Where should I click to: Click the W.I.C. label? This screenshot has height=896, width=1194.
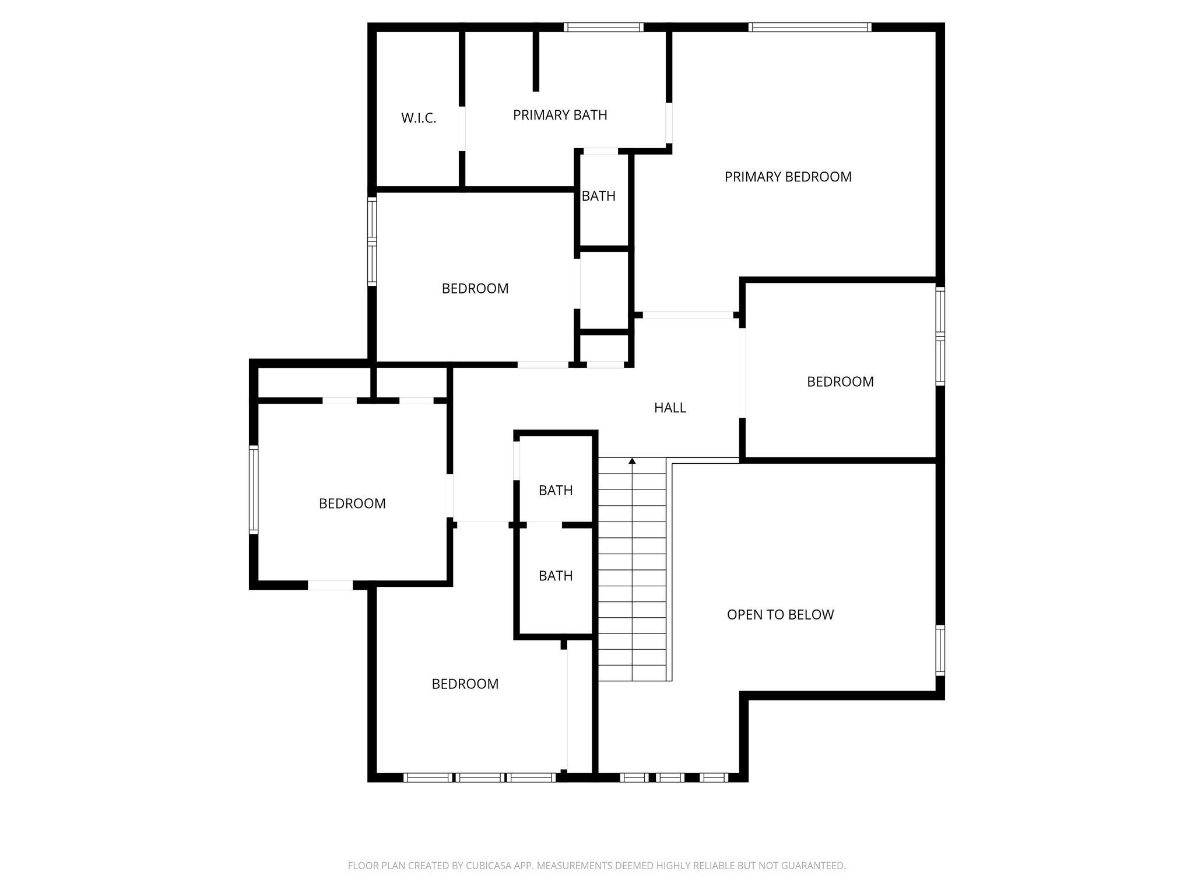point(419,118)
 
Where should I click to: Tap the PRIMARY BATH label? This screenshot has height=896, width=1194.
point(560,116)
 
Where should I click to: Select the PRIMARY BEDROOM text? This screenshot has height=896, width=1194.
point(788,177)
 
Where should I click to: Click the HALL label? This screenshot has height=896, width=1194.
point(670,408)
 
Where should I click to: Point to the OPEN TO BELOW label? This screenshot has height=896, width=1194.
point(780,614)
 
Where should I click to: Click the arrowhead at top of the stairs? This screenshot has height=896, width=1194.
point(632,461)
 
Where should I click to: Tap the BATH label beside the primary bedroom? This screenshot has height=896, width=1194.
point(599,196)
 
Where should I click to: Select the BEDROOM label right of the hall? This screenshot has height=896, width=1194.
point(840,381)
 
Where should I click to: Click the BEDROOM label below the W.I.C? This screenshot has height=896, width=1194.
point(475,289)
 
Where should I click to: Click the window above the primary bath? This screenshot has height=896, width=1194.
point(603,27)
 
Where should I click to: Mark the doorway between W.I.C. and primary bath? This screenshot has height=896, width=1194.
point(462,128)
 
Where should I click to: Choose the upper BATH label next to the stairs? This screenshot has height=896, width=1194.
point(556,491)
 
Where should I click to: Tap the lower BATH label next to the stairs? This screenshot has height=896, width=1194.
point(556,576)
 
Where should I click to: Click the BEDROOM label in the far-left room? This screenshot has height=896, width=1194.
point(352,503)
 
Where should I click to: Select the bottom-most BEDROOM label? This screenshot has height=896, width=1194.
point(465,684)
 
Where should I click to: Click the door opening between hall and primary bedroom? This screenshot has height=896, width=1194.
point(688,315)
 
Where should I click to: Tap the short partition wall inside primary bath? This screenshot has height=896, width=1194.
point(536,61)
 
